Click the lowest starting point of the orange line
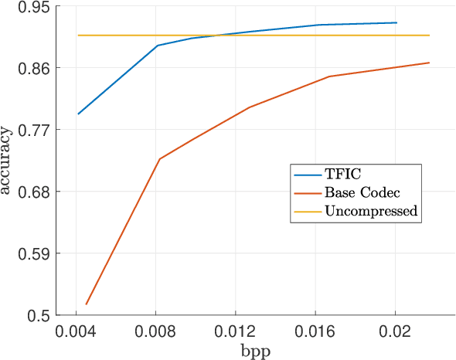click(x=86, y=304)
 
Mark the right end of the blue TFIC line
click(x=396, y=22)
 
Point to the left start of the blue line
click(x=77, y=114)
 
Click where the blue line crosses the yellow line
click(x=217, y=35)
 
